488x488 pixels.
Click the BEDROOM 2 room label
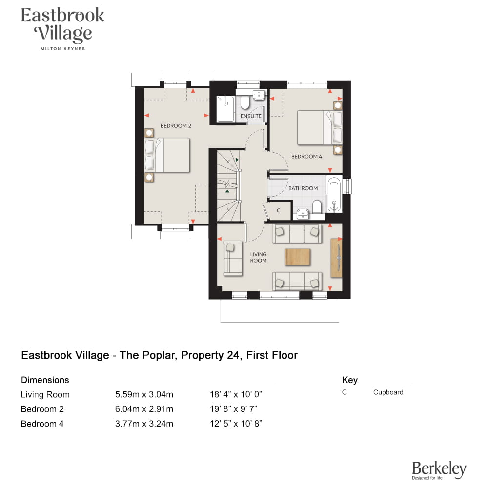coord(176,126)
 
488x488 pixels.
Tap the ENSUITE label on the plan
coord(251,116)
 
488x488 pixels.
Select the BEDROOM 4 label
coord(306,157)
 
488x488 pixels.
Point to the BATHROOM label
coord(303,188)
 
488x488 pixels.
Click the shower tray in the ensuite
coord(225,109)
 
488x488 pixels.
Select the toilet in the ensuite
coord(245,102)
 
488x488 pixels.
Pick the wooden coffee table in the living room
coord(298,257)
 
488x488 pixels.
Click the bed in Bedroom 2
coord(167,155)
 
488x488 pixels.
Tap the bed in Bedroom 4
coord(320,127)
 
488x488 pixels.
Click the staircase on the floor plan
coord(228,186)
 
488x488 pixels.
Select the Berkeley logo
coord(439,470)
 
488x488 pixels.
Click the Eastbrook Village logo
coord(62,28)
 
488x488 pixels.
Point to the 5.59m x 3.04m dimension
coord(144,394)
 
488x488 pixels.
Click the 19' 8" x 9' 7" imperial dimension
coord(233,409)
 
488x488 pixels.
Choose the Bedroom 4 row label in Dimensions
coord(42,424)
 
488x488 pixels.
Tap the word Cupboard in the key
coord(388,392)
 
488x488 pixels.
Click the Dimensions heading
coord(45,380)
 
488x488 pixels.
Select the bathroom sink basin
coord(303,214)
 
